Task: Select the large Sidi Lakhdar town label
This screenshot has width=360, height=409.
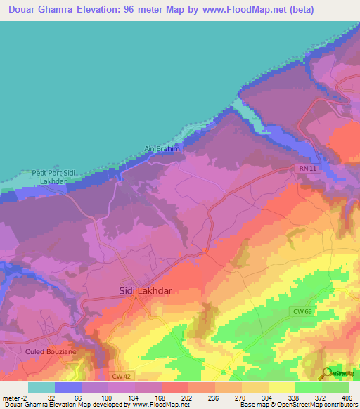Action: [143, 290]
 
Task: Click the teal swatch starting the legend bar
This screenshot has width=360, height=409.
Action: [41, 387]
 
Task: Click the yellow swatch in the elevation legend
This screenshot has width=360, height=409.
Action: [282, 387]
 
